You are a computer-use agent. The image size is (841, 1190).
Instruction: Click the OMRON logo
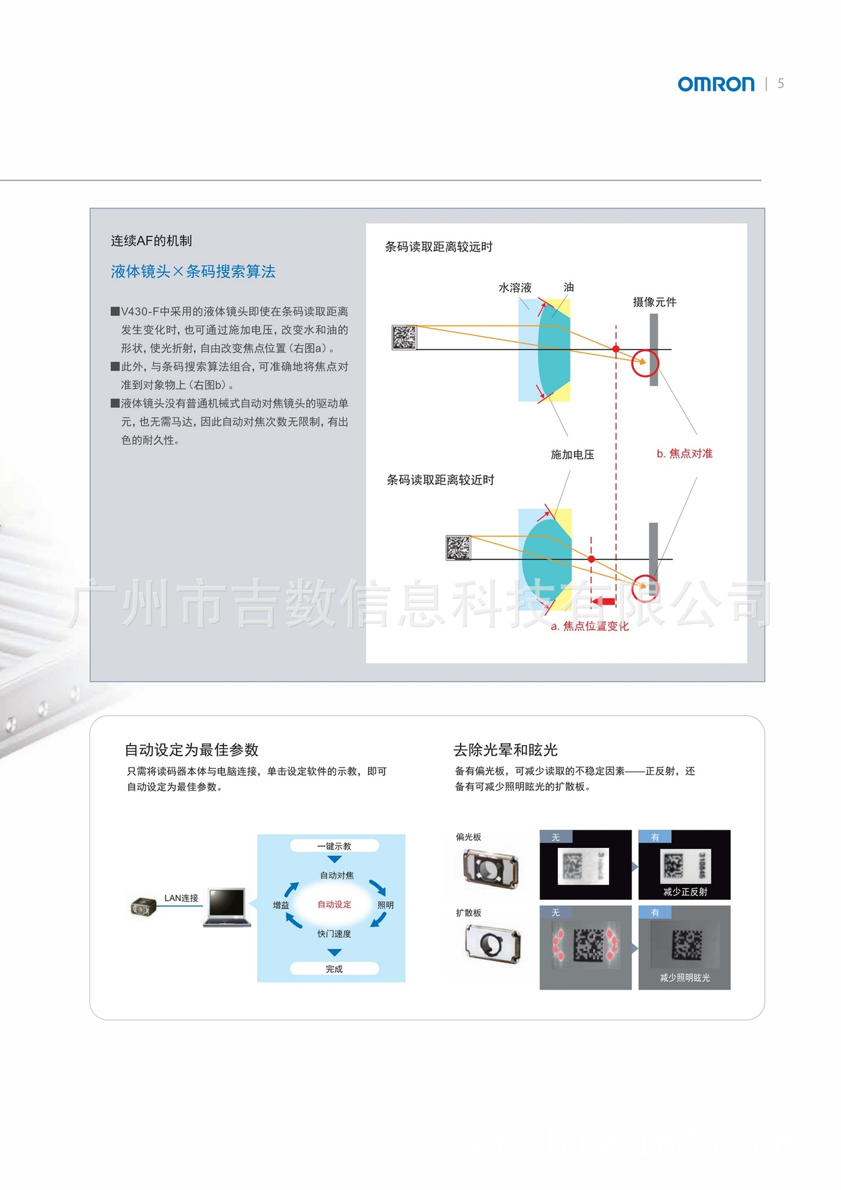[x=716, y=84]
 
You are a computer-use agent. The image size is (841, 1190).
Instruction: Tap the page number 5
[x=781, y=84]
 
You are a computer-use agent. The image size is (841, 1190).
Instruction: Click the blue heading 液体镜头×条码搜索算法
[x=193, y=271]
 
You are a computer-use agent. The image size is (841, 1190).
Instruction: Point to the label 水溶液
[x=515, y=288]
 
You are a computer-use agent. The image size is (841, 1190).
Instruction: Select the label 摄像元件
[x=654, y=302]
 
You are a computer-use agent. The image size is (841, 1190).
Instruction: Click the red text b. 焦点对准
[x=685, y=453]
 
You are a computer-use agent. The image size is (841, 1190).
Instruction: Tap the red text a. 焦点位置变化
[x=590, y=626]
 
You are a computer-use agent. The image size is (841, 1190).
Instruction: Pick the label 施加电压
[x=573, y=454]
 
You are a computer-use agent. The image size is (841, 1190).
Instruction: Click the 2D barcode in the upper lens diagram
[x=404, y=337]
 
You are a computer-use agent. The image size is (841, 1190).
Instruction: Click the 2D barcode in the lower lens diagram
[x=458, y=547]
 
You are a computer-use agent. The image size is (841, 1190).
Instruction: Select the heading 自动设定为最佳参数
[x=192, y=750]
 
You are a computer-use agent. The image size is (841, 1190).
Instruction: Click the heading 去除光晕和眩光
[x=506, y=750]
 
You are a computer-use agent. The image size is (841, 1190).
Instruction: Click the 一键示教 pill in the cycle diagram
[x=334, y=846]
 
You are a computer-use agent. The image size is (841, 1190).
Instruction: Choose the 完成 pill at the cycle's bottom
[x=334, y=969]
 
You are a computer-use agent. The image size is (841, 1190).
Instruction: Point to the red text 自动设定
[x=334, y=904]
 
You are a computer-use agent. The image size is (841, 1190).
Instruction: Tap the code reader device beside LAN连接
[x=144, y=907]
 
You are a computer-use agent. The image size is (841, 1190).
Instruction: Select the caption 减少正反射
[x=685, y=892]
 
